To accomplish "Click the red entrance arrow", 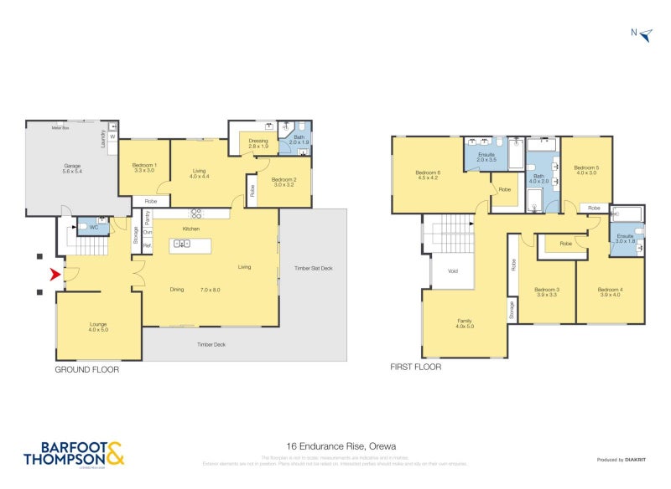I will pos(55,274).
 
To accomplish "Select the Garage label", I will pos(72,166).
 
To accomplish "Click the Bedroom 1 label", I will pos(143,166).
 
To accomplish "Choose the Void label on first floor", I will pos(453,271).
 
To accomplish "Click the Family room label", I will pos(464,322).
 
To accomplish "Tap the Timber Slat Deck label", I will pos(313,268).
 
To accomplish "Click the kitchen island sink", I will pos(181,244).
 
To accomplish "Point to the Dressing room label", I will pos(257,143).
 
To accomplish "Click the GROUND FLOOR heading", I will pos(86,369).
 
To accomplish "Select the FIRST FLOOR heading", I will pos(415,367).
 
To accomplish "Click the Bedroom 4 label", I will pos(611,291).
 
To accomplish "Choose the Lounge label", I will pos(98,327).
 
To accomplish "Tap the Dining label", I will pos(177,290).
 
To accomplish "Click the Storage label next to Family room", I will pos(512,310).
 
